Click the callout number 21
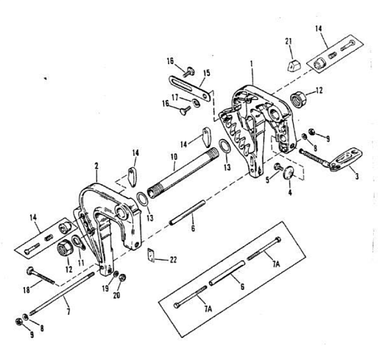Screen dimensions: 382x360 tap(288, 42)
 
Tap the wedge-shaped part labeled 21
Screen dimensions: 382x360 tap(294, 65)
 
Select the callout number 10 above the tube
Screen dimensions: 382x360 tap(174, 156)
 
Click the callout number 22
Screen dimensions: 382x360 tap(173, 260)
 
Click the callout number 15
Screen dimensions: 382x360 tap(206, 73)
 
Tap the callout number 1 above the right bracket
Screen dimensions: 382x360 tap(251, 64)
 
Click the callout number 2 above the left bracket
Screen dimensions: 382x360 tap(97, 166)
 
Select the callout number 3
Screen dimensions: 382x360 tap(357, 176)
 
